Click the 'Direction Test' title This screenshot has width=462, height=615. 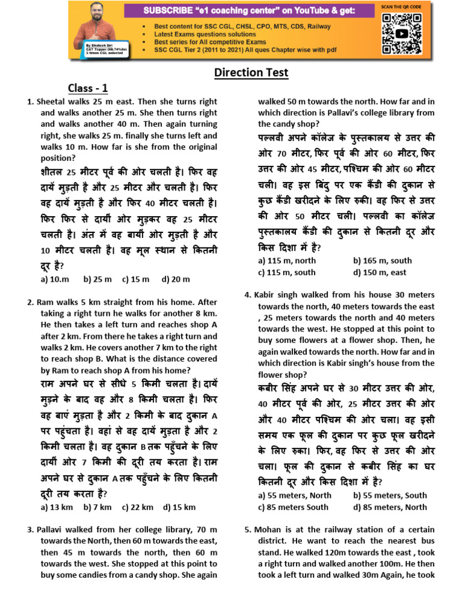pyautogui.click(x=251, y=73)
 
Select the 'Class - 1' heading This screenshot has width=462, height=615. pyautogui.click(x=88, y=88)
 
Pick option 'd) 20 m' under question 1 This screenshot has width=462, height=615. pyautogui.click(x=176, y=279)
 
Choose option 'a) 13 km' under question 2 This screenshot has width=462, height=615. pyautogui.click(x=57, y=507)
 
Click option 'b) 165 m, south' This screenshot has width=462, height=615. pyautogui.click(x=383, y=261)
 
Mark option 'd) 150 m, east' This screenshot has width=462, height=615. pyautogui.click(x=380, y=272)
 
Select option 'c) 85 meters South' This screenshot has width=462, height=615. pyautogui.click(x=293, y=507)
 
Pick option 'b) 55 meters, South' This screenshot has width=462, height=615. pyautogui.click(x=390, y=495)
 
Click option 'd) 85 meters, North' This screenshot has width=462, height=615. pyautogui.click(x=390, y=507)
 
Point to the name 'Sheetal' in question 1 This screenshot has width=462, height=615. pyautogui.click(x=51, y=101)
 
